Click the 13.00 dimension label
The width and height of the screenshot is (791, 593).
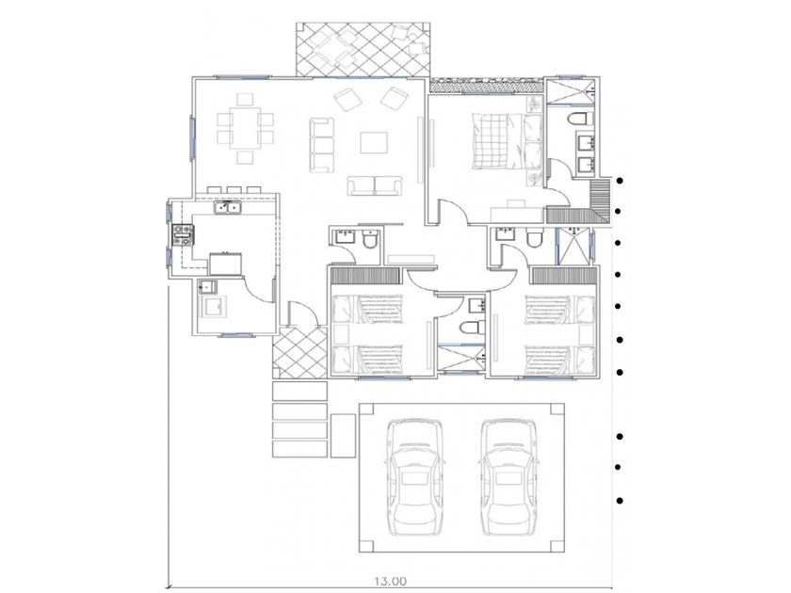(390, 582)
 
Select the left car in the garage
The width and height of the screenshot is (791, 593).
(414, 477)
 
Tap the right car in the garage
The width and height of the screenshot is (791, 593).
(508, 477)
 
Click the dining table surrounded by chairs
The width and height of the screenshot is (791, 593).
(245, 128)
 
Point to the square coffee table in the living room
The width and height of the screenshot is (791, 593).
(374, 142)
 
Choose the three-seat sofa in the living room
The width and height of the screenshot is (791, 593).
(322, 145)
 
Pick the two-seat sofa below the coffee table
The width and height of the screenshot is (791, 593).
(375, 185)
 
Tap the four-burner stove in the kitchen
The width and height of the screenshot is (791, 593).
(184, 235)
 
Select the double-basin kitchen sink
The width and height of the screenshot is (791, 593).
(228, 207)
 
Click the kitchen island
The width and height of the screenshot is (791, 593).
(225, 264)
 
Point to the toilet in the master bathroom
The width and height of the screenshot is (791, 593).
(580, 119)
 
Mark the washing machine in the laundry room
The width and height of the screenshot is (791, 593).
(214, 307)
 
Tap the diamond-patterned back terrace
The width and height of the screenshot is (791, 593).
(363, 50)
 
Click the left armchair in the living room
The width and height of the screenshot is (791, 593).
(348, 99)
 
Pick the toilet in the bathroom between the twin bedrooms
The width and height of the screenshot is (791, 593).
(473, 328)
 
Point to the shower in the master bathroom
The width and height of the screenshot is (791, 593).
(571, 90)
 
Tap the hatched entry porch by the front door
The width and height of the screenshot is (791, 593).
(299, 353)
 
